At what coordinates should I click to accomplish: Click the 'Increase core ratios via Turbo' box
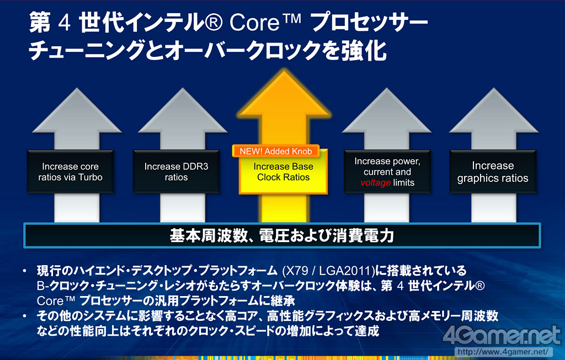(70, 171)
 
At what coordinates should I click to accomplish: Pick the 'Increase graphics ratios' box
(492, 171)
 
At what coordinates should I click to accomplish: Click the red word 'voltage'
(376, 182)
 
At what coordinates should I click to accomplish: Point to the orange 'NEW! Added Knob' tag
(275, 151)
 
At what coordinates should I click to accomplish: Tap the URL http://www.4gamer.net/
(503, 351)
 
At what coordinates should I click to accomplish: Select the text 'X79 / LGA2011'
(327, 271)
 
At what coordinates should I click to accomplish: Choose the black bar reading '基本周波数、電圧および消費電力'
(282, 236)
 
